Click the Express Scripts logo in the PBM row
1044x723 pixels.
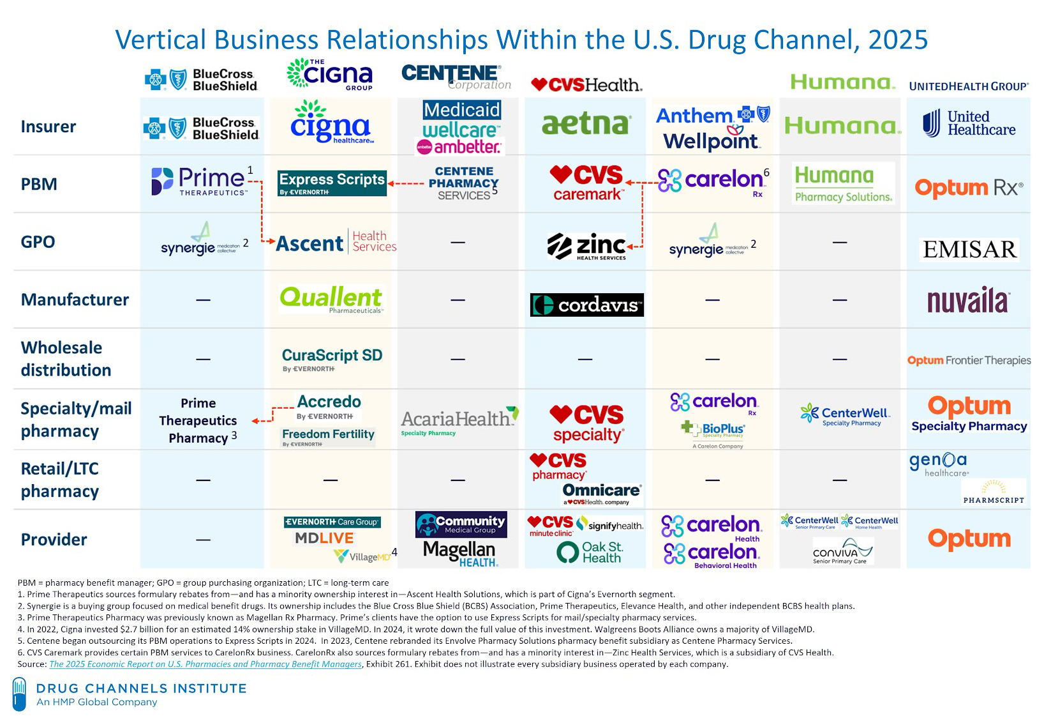(332, 183)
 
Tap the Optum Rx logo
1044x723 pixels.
(968, 188)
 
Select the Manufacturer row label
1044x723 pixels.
(75, 300)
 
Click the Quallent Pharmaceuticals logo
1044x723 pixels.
(331, 299)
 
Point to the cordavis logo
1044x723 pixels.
(586, 305)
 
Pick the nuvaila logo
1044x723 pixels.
(968, 301)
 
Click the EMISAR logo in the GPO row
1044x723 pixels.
(969, 249)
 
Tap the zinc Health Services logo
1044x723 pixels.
(586, 247)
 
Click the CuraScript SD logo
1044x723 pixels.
(332, 358)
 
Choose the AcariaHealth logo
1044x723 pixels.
(459, 421)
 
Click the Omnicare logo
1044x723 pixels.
(601, 493)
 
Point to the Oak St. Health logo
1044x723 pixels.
(590, 552)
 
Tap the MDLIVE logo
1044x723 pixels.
(324, 538)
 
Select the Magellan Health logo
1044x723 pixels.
(459, 553)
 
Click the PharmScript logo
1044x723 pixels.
(993, 492)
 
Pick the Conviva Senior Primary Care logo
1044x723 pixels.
(842, 551)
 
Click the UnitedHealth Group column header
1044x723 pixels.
(968, 86)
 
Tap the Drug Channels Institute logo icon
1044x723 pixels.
(19, 694)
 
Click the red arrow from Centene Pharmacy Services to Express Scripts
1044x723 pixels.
(406, 184)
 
